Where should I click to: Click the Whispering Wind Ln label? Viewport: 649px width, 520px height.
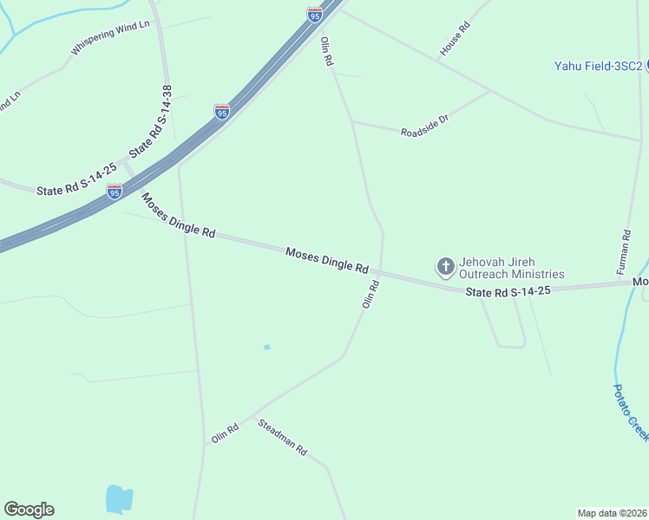(x=110, y=38)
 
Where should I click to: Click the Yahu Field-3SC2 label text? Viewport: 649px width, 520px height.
(x=598, y=66)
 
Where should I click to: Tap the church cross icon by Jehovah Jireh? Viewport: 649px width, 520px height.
(x=446, y=266)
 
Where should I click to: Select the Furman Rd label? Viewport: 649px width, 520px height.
(x=625, y=253)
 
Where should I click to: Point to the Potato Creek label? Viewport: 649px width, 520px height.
(x=631, y=412)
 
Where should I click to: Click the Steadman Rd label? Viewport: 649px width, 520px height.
(x=283, y=438)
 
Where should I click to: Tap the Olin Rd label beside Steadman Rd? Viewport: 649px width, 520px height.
(x=225, y=433)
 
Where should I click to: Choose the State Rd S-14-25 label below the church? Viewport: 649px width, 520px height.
(x=508, y=293)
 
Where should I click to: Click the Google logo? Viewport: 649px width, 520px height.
(x=29, y=510)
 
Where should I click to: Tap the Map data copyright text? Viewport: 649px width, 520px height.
(x=612, y=512)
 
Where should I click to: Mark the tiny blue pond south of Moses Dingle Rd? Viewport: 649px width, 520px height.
(x=267, y=347)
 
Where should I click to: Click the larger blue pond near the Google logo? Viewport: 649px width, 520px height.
(x=119, y=498)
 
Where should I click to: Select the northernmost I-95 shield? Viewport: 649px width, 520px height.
(x=314, y=14)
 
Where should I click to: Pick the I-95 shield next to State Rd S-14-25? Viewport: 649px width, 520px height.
(x=115, y=192)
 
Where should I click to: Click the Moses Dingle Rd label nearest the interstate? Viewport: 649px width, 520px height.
(x=179, y=216)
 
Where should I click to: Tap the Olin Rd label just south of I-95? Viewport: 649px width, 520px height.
(x=327, y=52)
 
